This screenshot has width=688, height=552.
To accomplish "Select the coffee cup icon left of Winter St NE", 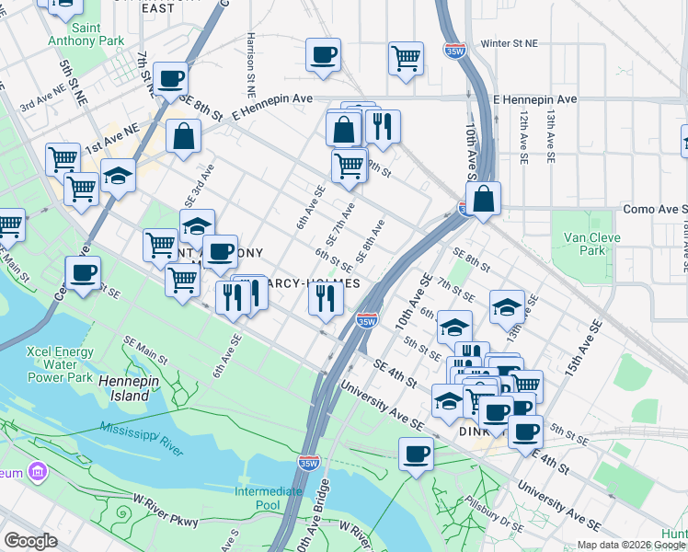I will tap(323, 55).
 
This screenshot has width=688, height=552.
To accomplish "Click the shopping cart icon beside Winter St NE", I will tap(406, 58).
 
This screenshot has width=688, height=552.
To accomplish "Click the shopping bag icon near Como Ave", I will tap(483, 198).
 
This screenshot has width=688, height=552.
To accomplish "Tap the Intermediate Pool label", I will tap(269, 498).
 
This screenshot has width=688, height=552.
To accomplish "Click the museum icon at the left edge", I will tap(38, 473).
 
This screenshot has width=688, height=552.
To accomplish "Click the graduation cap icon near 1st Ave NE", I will tap(119, 175).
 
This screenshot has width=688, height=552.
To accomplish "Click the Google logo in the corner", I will tap(30, 541).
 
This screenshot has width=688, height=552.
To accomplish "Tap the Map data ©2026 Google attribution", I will tap(630, 545).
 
